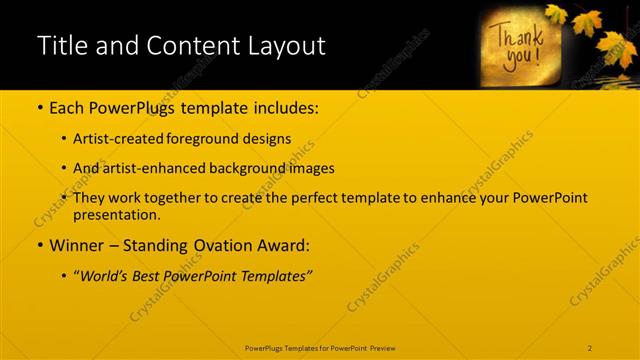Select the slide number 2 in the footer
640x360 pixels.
(591, 347)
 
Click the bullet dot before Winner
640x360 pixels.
(39, 245)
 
